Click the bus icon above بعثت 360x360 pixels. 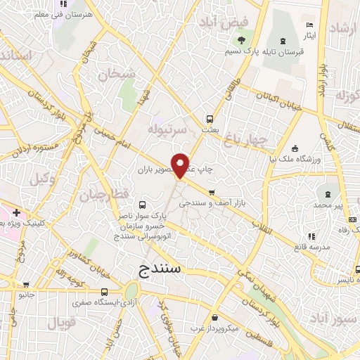click(209, 119)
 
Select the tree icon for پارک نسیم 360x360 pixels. click(242, 41)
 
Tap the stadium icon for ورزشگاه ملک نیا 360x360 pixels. click(295, 148)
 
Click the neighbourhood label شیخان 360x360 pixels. click(115, 74)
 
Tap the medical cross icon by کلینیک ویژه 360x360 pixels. click(15, 212)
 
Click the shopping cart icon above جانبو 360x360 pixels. click(26, 285)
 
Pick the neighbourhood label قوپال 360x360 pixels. click(60, 323)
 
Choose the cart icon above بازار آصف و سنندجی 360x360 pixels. click(211, 192)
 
